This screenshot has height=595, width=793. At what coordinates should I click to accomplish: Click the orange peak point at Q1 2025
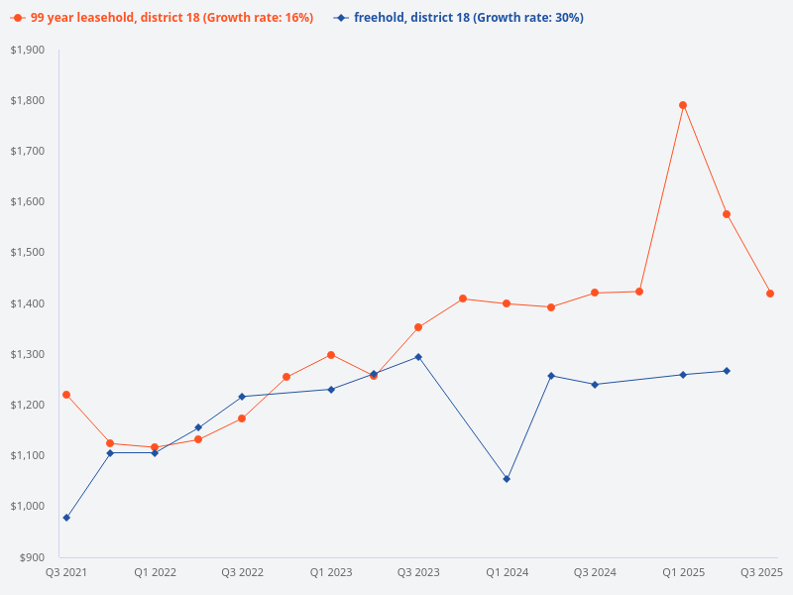pos(683,105)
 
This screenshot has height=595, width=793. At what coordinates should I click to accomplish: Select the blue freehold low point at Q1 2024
pos(507,479)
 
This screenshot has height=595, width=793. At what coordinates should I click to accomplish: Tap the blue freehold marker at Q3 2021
pos(66,518)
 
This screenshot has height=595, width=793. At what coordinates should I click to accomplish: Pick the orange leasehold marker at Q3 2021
pos(66,395)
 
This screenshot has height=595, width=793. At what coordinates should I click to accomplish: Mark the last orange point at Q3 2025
pos(770,294)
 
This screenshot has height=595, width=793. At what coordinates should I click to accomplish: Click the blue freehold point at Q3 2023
pos(418,357)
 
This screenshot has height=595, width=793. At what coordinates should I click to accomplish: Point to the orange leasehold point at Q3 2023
pos(418,327)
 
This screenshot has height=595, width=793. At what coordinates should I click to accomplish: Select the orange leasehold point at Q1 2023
pos(331,355)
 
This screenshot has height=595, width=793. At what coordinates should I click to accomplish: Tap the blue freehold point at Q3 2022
pos(242,397)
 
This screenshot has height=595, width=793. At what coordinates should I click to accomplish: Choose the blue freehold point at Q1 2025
pos(683,375)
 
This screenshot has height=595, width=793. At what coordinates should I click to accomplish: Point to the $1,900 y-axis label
pos(27,50)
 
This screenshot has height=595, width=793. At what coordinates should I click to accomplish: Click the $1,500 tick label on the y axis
pos(27,253)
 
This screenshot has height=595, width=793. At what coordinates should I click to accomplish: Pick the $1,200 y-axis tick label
pos(27,405)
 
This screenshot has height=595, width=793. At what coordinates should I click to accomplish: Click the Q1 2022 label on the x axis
pos(156,573)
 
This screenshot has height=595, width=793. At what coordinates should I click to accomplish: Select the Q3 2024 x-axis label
pos(595,573)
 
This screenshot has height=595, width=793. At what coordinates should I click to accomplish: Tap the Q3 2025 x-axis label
pos(761,573)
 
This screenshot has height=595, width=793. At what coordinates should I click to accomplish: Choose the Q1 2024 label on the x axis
pos(507,573)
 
